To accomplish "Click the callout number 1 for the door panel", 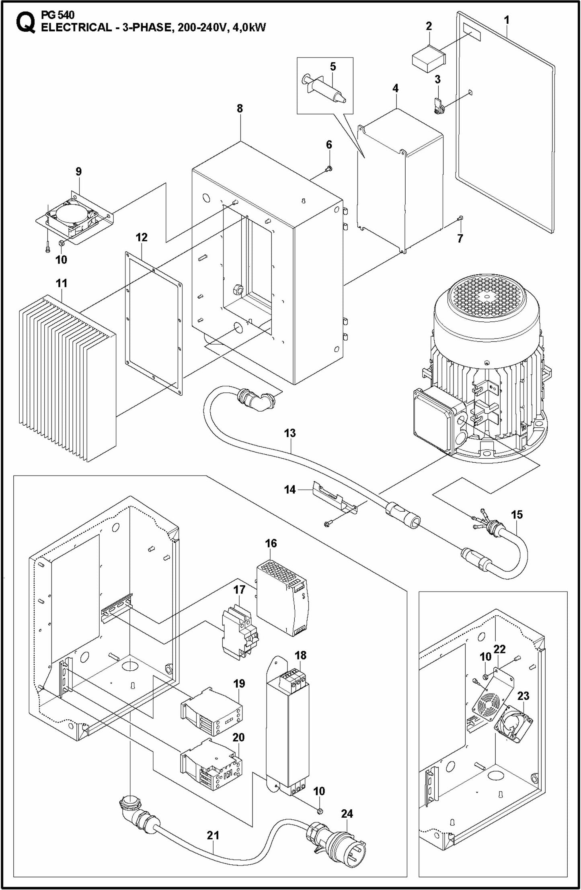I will coord(507,20).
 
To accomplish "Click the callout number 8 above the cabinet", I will coord(240,108).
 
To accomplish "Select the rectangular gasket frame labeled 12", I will coord(153,321).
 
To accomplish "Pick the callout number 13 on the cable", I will coord(289,433).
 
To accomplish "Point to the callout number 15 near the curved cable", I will coord(517,514).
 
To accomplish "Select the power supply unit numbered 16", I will coord(281,598).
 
